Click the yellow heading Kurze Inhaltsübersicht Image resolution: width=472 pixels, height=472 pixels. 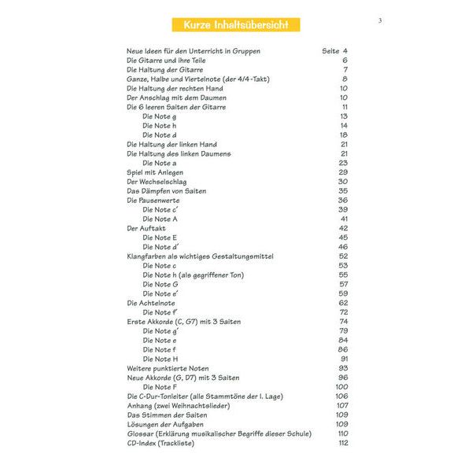coord(236,25)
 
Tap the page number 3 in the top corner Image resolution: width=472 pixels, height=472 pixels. coord(379,20)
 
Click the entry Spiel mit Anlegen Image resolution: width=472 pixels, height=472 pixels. coord(156,172)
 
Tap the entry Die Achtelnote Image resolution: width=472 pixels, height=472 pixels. coord(151,303)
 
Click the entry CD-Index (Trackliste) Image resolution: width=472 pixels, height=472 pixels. coord(160,443)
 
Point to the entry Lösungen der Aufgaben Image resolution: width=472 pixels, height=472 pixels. coord(165,424)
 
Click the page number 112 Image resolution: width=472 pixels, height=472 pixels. coord(342,443)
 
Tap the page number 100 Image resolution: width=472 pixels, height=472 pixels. coord(341,387)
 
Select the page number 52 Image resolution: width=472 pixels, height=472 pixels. coord(344,256)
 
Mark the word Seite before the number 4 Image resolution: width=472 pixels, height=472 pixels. coord(330,51)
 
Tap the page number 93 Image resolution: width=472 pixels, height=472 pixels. coord(344,368)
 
